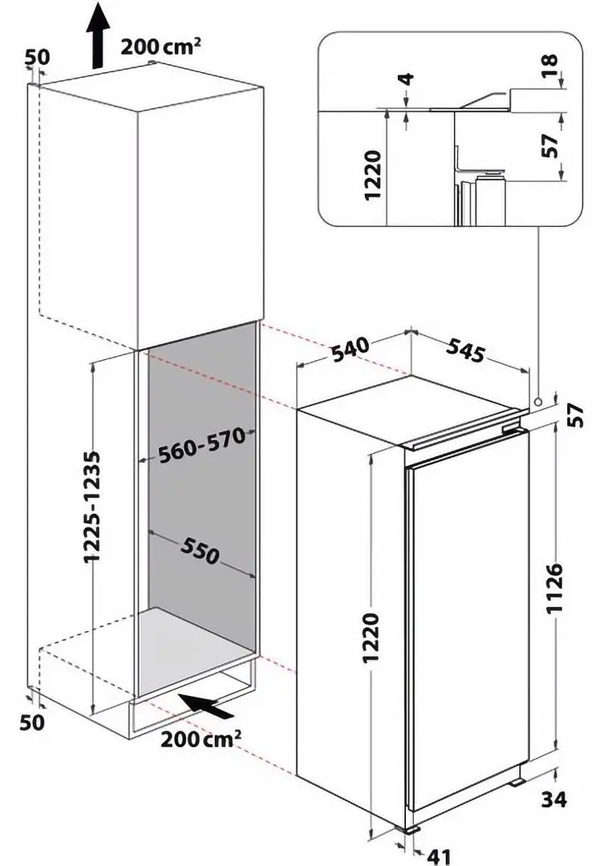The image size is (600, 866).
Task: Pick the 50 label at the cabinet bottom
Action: coord(33,722)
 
